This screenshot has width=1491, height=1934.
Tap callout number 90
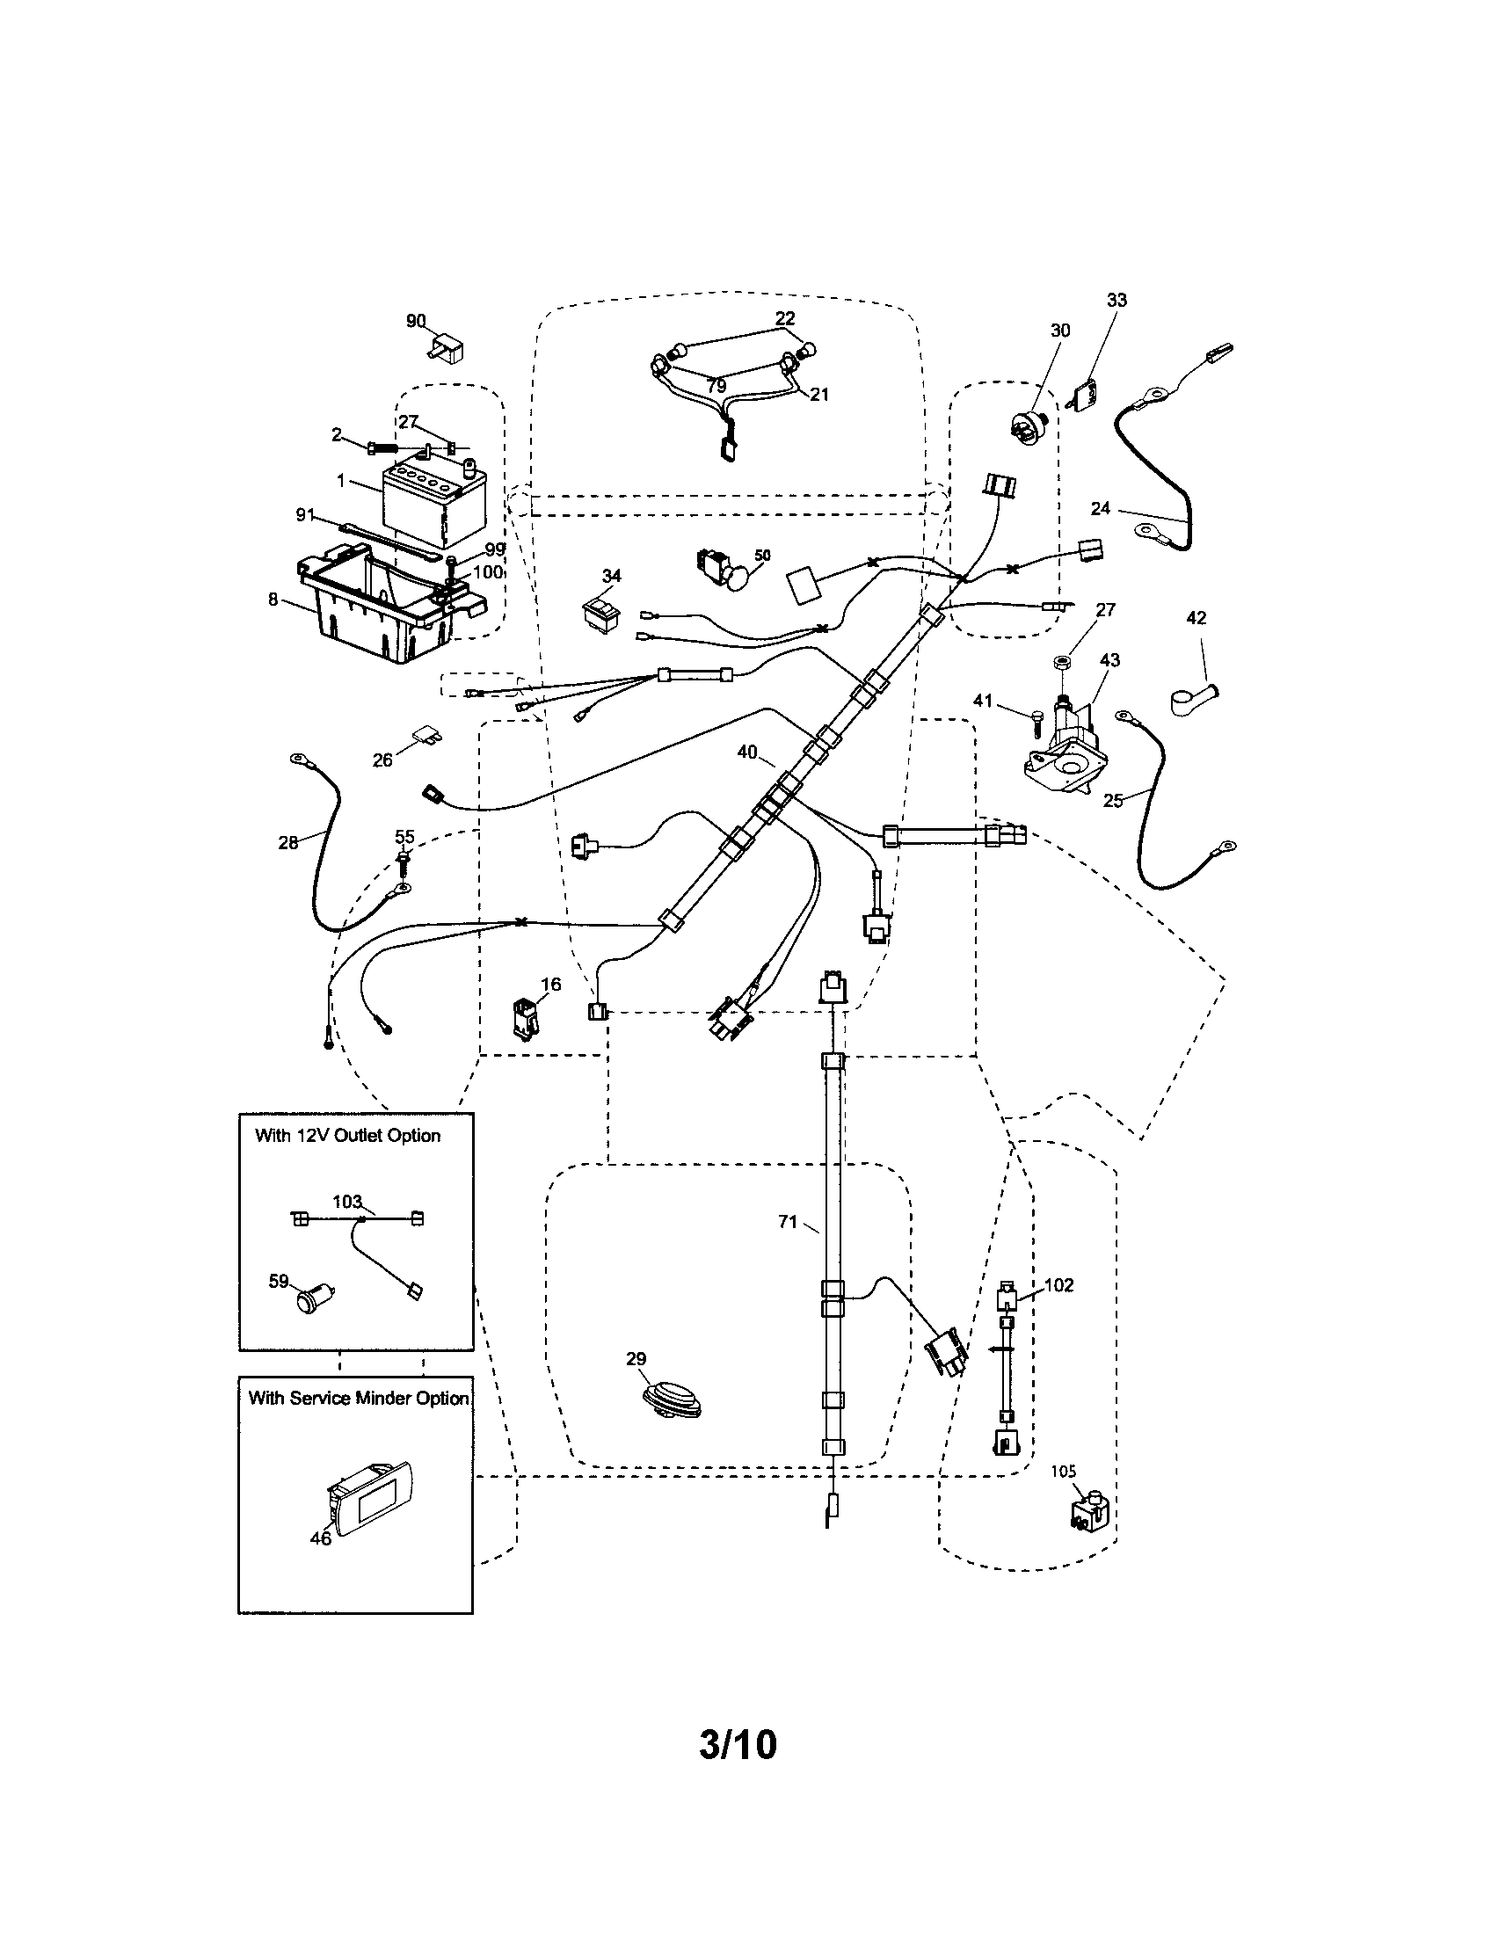[x=416, y=321]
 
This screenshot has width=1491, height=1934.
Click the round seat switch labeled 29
[x=672, y=1400]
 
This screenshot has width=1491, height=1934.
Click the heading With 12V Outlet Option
[x=347, y=1135]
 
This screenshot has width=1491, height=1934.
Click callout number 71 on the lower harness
[x=787, y=1222]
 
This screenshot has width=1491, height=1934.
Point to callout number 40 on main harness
[x=746, y=752]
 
